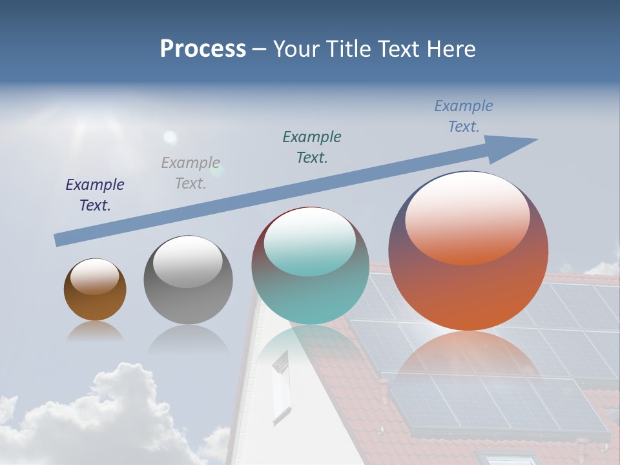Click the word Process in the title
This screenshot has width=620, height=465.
coord(203,49)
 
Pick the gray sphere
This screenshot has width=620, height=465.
coord(188,300)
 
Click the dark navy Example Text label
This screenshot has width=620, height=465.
coord(95,194)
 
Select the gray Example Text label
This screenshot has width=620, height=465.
coord(191,172)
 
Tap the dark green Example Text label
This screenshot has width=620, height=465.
coord(312,147)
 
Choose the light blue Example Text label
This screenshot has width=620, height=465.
coord(464,116)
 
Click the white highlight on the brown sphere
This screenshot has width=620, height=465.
coord(94,276)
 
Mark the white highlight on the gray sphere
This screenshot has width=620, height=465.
coord(187,262)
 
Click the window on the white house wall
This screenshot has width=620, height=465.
coord(282,388)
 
